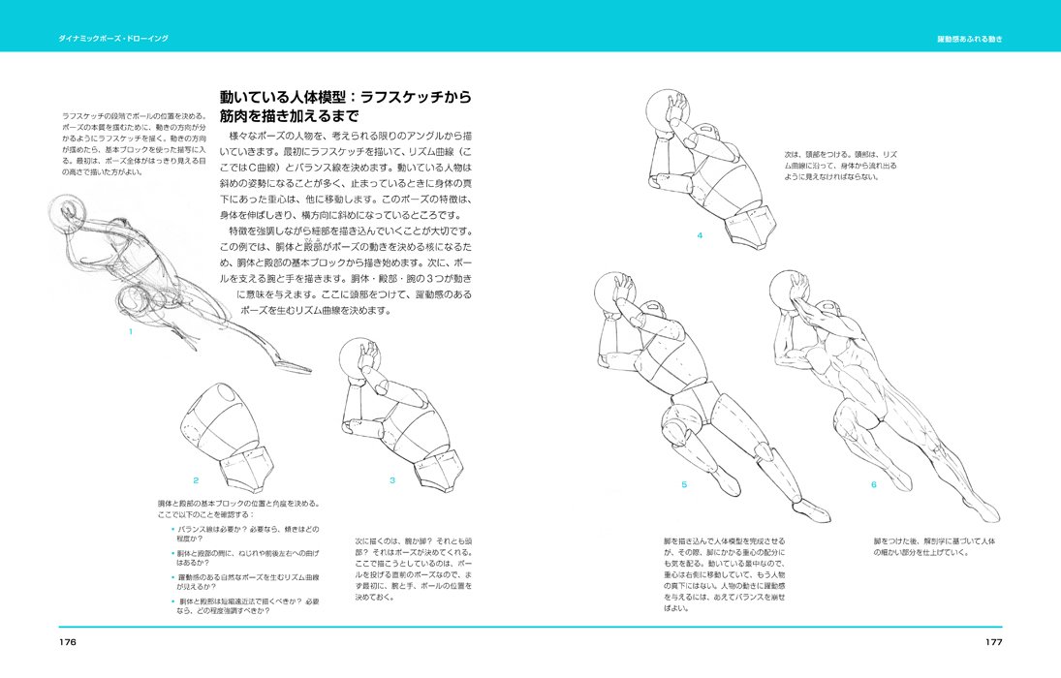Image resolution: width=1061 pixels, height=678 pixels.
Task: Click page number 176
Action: (x=67, y=642)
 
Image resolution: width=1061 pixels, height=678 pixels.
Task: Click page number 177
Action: (x=992, y=642)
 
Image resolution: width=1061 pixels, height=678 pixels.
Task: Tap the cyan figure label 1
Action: (x=130, y=332)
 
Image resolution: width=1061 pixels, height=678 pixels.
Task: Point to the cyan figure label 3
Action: (x=391, y=480)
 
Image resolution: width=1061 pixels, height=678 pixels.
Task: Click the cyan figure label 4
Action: (x=699, y=235)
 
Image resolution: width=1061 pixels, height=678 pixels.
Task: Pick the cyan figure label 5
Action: (x=683, y=484)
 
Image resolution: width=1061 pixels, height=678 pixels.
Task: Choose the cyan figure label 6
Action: (x=872, y=484)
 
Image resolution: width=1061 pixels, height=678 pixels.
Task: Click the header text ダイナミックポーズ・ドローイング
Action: (x=112, y=39)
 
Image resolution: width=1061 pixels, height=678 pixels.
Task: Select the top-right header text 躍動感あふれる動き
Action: (x=969, y=39)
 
